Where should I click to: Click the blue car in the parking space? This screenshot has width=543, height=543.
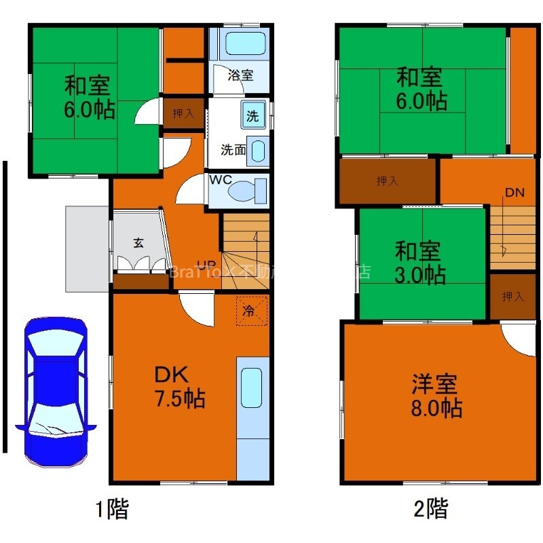point(56,393)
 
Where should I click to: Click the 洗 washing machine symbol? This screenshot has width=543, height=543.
point(252,115)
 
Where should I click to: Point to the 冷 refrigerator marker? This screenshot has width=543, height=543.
point(250,312)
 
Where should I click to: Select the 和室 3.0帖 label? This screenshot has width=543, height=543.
point(420,263)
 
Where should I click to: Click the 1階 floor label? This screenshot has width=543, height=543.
point(111,508)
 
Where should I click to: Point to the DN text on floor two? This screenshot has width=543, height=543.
point(514,192)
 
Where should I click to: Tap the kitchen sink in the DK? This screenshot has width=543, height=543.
point(251,388)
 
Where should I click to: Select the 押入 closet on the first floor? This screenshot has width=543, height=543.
point(183,113)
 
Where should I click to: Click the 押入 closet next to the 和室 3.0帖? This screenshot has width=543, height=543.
point(512,297)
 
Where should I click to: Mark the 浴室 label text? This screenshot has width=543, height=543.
point(240,75)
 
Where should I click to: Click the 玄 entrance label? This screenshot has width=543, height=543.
point(138,242)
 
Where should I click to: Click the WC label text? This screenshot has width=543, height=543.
point(221,181)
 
